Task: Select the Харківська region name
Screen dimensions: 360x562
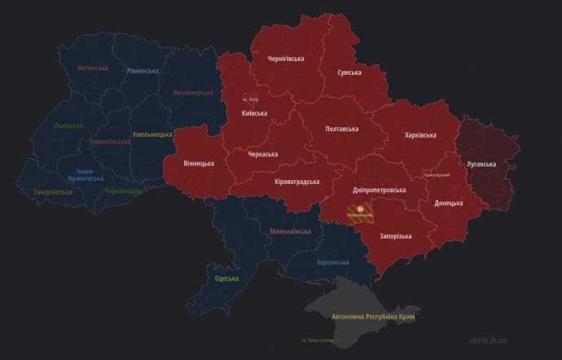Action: [420, 135]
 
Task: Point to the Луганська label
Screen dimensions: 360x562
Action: [481, 164]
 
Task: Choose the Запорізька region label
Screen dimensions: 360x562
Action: [395, 236]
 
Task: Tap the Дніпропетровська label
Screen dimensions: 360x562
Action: [379, 190]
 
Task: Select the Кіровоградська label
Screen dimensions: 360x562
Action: [297, 182]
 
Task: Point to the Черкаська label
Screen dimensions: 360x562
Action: [263, 154]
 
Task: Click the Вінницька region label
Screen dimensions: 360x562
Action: [199, 163]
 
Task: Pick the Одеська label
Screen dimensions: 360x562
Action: [226, 279]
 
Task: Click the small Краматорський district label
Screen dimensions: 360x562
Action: [437, 174]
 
